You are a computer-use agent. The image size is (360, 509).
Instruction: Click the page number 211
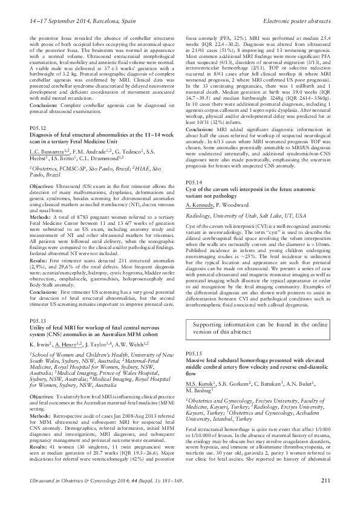coord(325,497)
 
